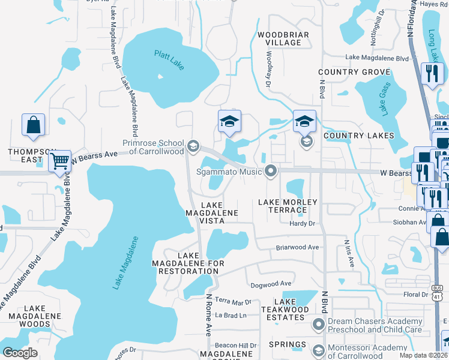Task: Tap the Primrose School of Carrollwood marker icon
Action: click(x=193, y=145)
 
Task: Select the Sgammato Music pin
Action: click(x=271, y=172)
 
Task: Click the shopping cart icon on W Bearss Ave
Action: click(x=59, y=160)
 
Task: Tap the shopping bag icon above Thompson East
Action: click(x=34, y=125)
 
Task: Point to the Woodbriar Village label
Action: click(x=283, y=39)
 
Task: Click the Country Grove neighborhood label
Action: click(x=355, y=72)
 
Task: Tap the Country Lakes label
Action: click(x=359, y=136)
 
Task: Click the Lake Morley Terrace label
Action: click(x=286, y=206)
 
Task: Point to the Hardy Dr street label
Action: click(x=303, y=224)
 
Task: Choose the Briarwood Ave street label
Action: click(x=297, y=247)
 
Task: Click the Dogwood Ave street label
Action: click(x=271, y=284)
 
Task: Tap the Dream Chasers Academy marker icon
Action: click(x=319, y=325)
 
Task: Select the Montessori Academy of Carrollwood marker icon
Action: click(x=319, y=349)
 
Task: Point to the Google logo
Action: click(x=20, y=353)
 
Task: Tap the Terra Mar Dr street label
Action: click(x=233, y=302)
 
